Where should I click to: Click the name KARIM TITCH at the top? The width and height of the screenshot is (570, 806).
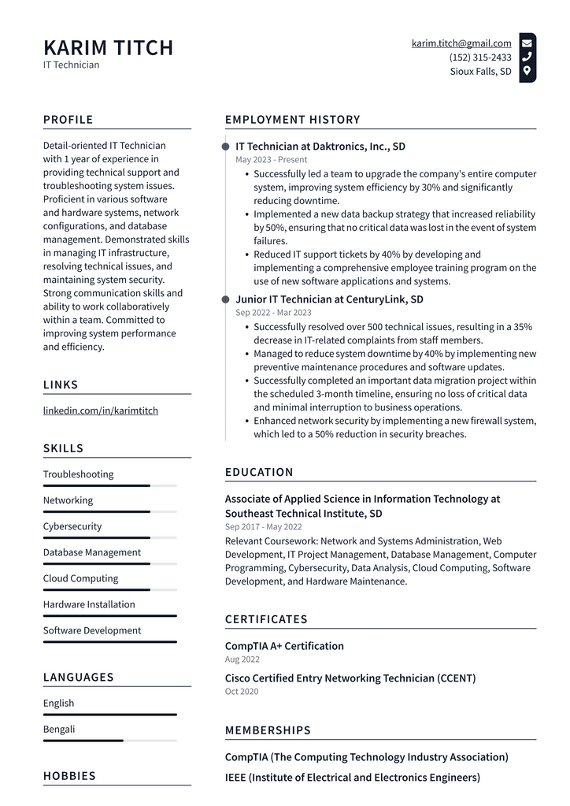(108, 47)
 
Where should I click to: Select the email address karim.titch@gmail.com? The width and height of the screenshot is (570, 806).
(461, 43)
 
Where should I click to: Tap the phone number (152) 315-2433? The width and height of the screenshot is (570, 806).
(480, 58)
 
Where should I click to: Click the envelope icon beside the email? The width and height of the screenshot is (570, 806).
(527, 43)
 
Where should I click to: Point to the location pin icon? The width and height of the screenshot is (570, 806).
(527, 71)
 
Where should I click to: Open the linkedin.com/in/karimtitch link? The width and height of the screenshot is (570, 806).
(100, 410)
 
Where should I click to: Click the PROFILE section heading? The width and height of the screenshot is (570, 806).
(68, 120)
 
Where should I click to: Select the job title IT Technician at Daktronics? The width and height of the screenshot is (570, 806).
(320, 147)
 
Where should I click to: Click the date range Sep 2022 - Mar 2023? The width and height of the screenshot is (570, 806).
(273, 313)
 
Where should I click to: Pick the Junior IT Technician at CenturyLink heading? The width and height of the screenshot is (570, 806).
(329, 299)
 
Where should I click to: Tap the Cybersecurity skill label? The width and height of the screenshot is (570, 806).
(72, 526)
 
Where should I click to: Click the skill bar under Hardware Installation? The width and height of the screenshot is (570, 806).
(109, 616)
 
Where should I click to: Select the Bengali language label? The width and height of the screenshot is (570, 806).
(59, 729)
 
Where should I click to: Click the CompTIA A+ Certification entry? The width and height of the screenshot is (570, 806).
(284, 646)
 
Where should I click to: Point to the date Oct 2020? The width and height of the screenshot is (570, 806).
(242, 691)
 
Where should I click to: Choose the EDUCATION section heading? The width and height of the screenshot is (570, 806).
(259, 472)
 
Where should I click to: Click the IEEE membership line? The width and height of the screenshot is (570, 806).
(352, 778)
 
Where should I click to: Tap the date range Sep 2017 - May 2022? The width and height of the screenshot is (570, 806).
(263, 526)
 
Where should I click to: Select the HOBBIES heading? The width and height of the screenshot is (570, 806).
(69, 776)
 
